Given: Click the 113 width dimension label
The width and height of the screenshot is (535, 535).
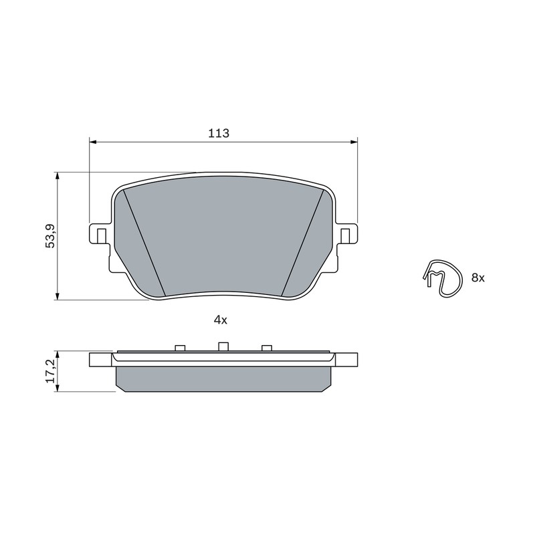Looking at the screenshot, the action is click(x=219, y=133).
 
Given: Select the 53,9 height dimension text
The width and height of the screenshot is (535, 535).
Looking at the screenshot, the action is click(x=50, y=236).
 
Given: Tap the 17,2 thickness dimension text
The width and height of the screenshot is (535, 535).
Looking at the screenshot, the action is click(x=50, y=371).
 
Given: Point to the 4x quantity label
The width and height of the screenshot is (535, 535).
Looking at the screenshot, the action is click(x=220, y=320).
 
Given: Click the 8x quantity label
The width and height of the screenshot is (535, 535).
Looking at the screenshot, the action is click(x=478, y=278).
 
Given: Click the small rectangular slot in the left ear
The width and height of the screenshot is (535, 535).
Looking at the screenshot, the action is click(x=102, y=236).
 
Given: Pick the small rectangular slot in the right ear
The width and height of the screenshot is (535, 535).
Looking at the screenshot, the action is click(x=345, y=236).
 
